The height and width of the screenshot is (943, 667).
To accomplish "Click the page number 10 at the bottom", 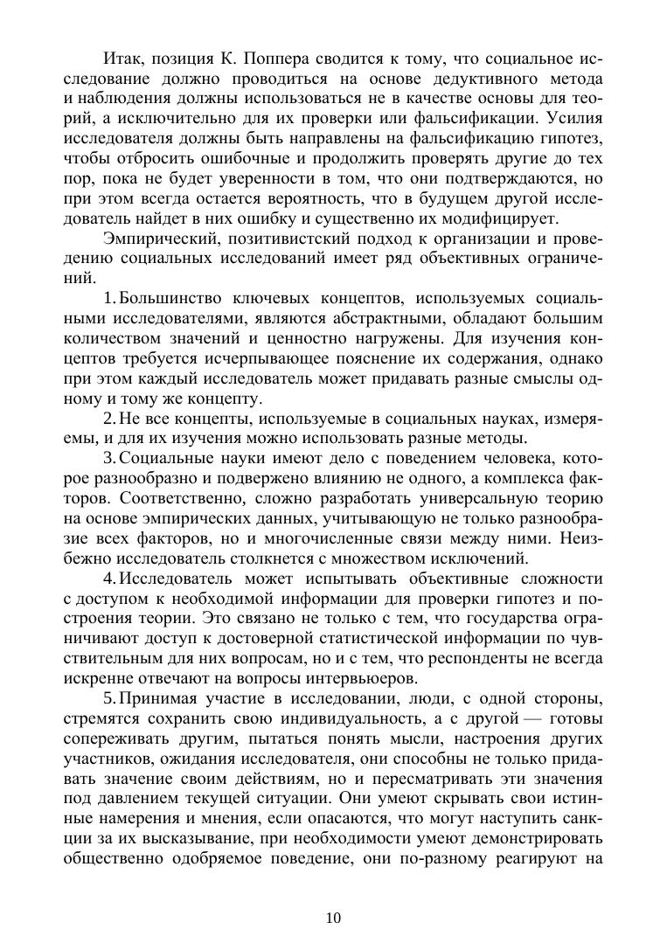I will tap(333, 917).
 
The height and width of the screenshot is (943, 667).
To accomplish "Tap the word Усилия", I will tap(572, 117).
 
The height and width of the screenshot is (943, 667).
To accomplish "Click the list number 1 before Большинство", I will tap(108, 299).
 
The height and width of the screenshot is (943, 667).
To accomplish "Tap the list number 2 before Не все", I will tap(108, 419).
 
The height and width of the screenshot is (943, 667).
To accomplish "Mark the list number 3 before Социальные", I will tap(108, 460).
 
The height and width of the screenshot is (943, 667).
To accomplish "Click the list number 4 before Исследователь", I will tap(108, 579).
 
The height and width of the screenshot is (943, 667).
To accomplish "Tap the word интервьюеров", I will tap(352, 678).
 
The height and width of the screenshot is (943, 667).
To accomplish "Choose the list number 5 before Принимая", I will tap(108, 698).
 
